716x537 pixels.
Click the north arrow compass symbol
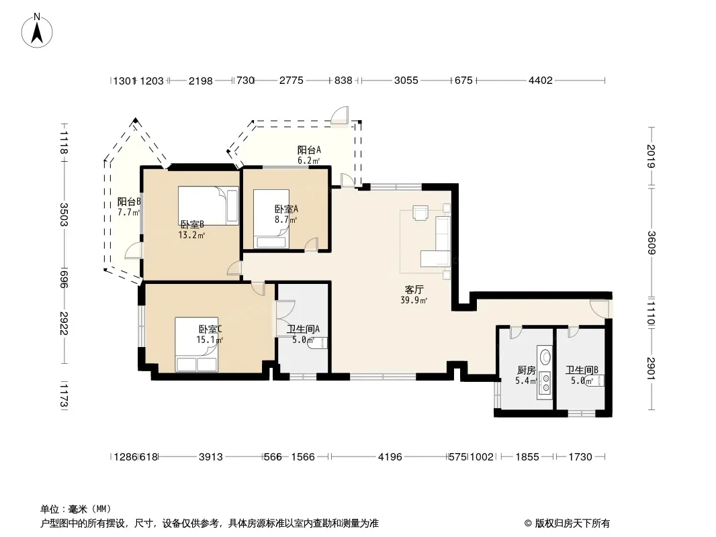(x=37, y=30)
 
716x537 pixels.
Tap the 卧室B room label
(x=192, y=224)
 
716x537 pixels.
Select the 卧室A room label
(x=286, y=209)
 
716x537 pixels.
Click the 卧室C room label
(x=210, y=329)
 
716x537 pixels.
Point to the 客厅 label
(x=414, y=290)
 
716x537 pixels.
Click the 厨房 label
(x=526, y=370)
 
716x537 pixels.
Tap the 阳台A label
(x=309, y=150)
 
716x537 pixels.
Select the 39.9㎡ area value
(x=414, y=300)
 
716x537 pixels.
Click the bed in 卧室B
(x=208, y=205)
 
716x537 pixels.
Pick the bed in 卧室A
(x=271, y=219)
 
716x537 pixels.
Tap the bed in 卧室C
(x=197, y=344)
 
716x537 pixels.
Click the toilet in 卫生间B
(x=595, y=381)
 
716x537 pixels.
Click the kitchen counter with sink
(x=545, y=373)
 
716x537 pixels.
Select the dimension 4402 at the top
(x=541, y=81)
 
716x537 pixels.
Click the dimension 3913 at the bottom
(x=210, y=456)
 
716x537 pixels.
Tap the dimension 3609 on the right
(x=651, y=243)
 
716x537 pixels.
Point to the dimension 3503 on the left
(x=63, y=214)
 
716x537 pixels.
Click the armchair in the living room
(x=420, y=213)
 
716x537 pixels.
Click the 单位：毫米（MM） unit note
(x=76, y=509)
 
